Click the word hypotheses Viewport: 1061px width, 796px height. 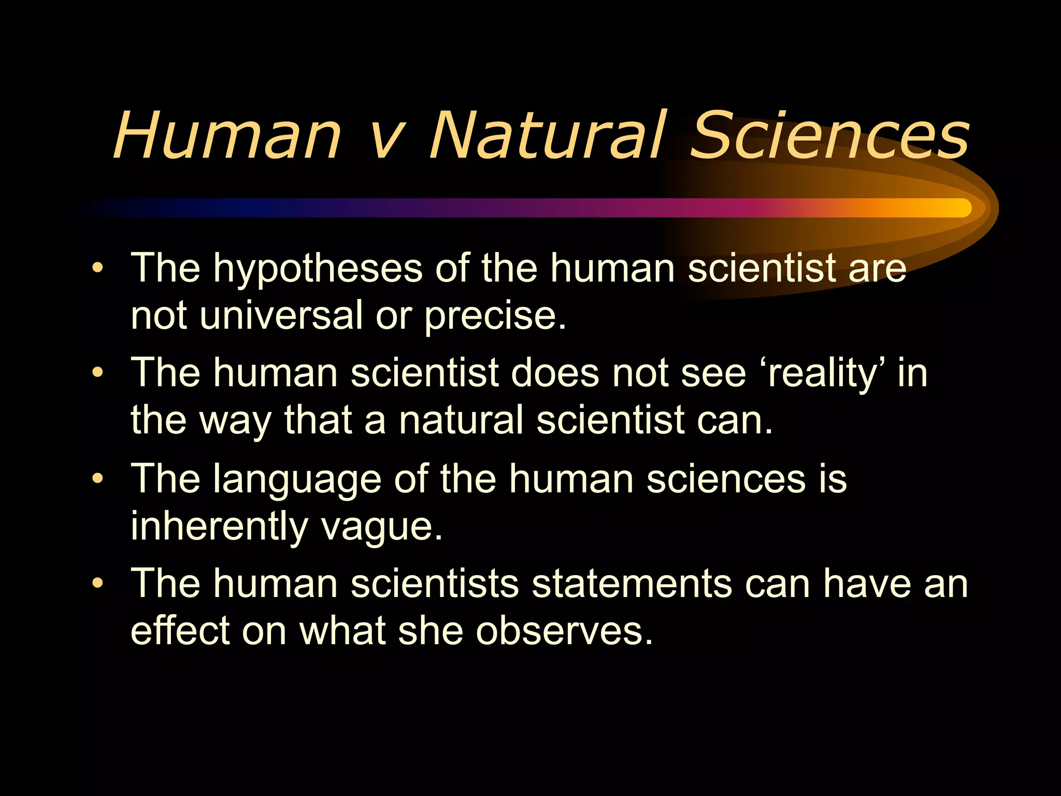318,269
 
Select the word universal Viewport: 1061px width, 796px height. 281,316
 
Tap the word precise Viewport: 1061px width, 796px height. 495,317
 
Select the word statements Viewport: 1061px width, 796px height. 632,584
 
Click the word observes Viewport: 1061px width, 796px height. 564,632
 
